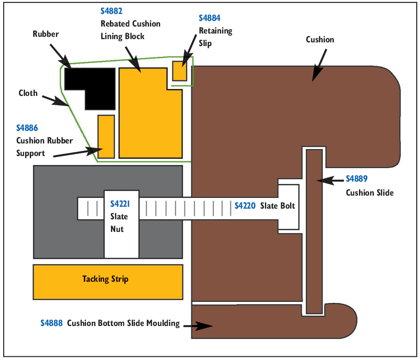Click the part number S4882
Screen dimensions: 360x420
[111, 11]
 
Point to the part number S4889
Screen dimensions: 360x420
[357, 179]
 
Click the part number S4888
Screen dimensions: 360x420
[51, 323]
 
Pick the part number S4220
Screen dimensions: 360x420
[245, 205]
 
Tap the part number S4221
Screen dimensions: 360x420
[121, 204]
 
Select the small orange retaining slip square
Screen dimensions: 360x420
[180, 71]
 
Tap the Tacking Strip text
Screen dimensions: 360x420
[105, 279]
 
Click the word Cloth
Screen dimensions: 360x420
[28, 93]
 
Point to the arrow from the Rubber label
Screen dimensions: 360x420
[59, 56]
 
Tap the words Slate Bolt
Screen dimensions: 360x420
[278, 205]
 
